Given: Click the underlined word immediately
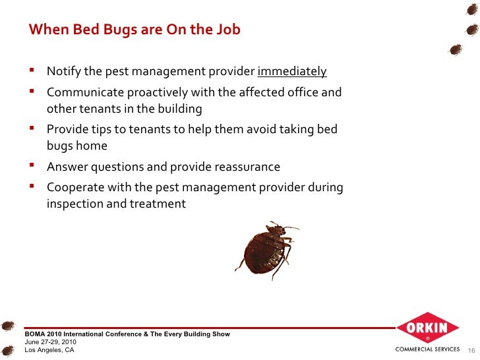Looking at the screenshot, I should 291,72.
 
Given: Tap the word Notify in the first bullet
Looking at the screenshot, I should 64,72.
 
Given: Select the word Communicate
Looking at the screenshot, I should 84,92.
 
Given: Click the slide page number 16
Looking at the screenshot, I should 471,350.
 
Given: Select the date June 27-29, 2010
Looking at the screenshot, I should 51,342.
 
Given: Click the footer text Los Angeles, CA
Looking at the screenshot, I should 49,350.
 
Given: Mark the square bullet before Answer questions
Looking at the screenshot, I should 32,166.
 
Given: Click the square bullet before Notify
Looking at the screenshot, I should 32,71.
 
